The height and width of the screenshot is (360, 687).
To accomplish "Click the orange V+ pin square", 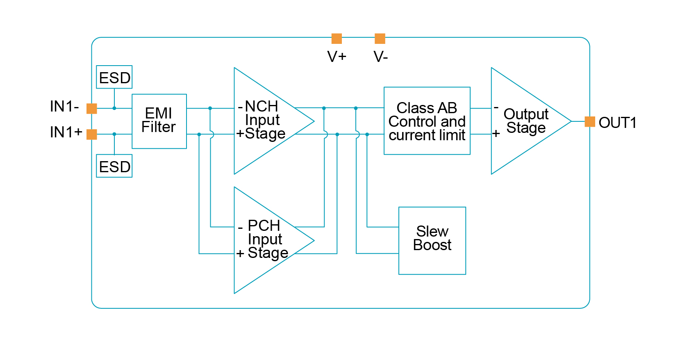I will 337,39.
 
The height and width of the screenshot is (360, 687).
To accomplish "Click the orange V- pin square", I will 380,39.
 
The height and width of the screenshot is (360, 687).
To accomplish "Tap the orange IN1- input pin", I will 92,108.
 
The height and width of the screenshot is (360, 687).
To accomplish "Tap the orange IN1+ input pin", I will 92,134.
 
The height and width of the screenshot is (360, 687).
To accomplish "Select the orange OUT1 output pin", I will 589,121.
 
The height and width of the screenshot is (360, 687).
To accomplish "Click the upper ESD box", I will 114,77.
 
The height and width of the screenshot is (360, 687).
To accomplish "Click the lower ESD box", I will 114,166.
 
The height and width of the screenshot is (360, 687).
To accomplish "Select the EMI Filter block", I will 159,121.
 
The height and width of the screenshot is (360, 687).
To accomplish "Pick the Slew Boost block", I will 432,240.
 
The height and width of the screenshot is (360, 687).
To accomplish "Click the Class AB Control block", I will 427,121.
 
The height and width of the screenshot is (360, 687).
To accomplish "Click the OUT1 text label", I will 617,123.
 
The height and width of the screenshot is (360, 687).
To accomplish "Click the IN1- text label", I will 64,107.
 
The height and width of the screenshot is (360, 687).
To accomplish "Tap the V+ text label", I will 337,57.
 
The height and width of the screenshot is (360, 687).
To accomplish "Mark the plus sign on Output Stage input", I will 496,134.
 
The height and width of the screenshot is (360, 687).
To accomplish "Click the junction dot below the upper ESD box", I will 114,108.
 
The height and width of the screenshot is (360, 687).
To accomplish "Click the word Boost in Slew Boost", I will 432,245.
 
